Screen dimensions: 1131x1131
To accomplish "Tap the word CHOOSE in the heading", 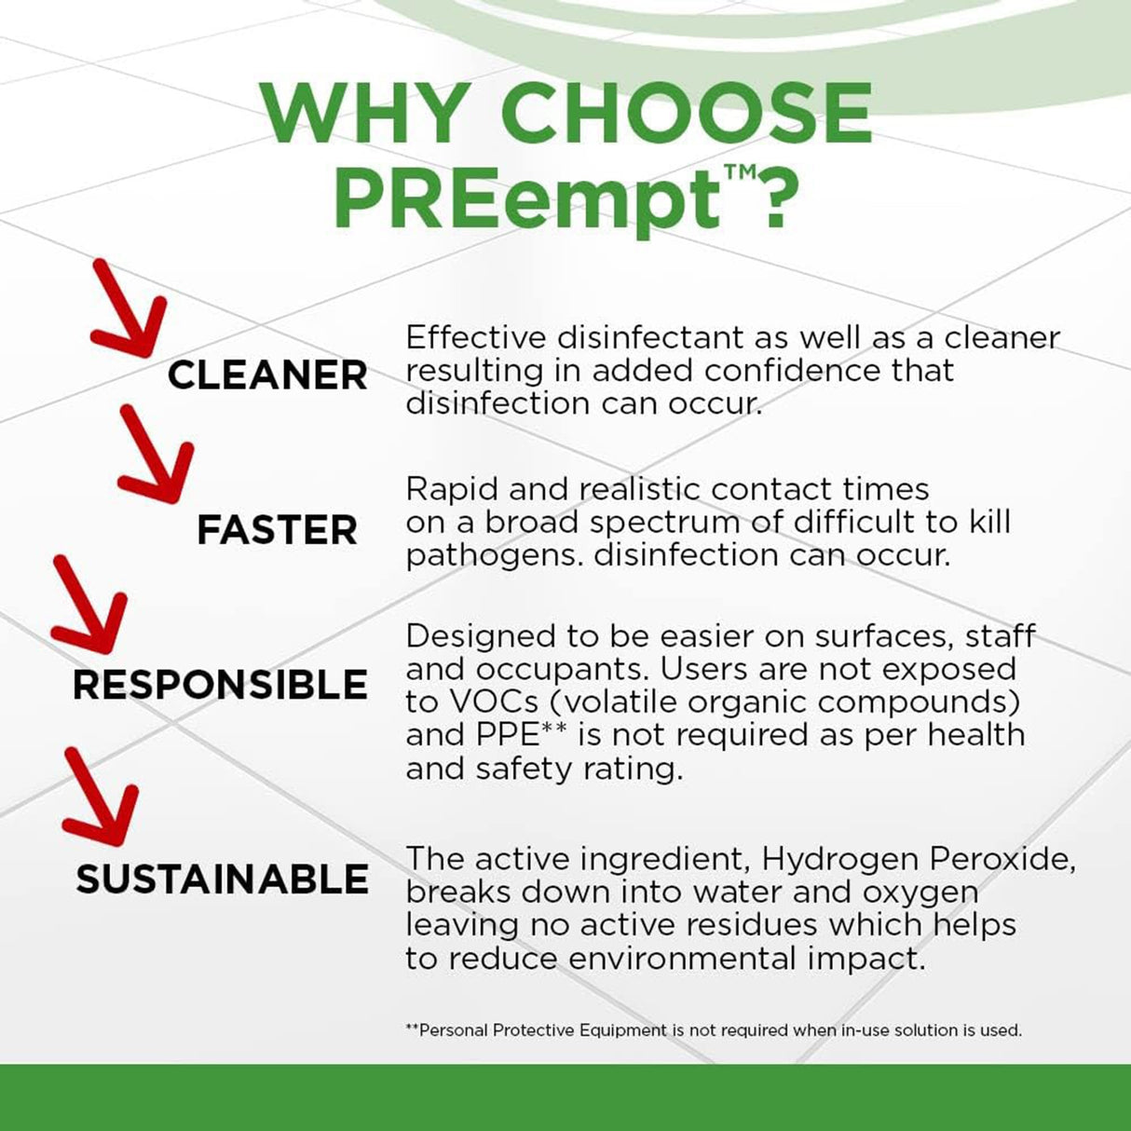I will (x=687, y=114).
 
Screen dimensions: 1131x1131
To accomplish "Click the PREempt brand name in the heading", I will (x=527, y=198).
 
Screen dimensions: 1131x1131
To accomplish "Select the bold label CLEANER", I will (x=267, y=375).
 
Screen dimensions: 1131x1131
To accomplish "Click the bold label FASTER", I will (x=277, y=531).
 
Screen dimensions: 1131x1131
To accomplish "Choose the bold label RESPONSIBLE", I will (x=220, y=686).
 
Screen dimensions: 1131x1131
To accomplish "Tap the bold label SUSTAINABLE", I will (x=222, y=879).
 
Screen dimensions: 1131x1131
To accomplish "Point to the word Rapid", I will (x=456, y=489).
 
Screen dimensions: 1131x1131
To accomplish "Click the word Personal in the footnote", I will (x=453, y=1030).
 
